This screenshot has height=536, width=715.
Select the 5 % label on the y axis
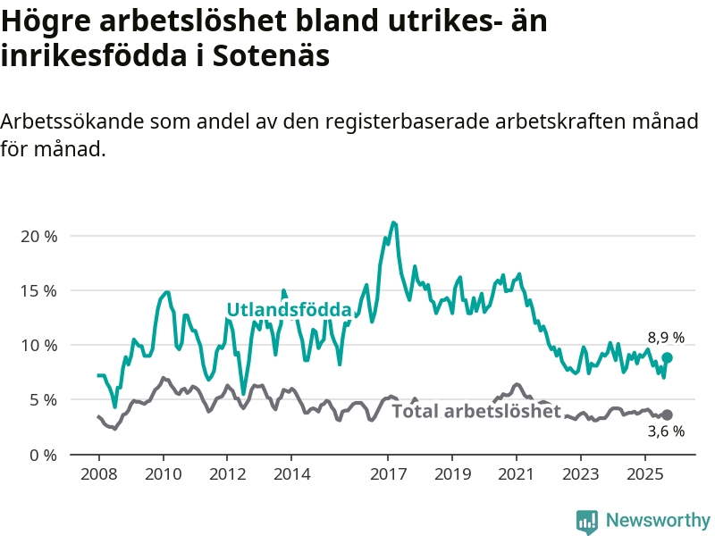(43, 400)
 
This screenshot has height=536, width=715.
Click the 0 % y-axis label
(43, 455)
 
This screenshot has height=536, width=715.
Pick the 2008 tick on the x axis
(98, 472)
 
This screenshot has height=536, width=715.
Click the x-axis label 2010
(163, 472)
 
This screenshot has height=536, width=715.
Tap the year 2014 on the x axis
(291, 472)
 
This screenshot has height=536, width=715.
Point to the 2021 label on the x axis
(517, 472)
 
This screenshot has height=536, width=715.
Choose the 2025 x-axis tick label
(645, 472)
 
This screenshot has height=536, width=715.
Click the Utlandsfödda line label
(289, 310)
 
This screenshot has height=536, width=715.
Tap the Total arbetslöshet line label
(476, 411)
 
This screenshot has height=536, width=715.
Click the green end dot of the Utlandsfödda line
(667, 357)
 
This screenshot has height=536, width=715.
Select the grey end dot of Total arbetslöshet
(667, 415)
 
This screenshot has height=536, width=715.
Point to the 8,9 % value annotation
(666, 338)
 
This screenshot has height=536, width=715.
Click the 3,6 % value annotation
(666, 431)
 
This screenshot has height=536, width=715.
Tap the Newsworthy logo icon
(587, 521)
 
